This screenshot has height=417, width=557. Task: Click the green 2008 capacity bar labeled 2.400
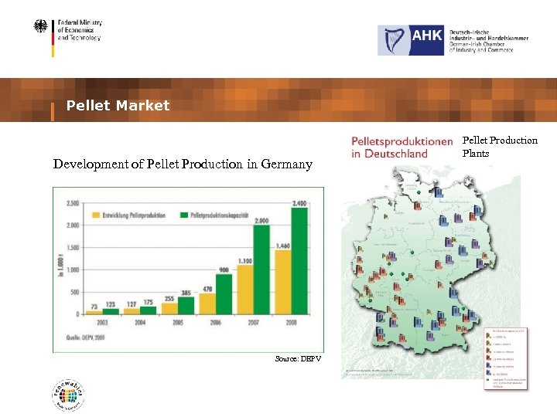(299, 261)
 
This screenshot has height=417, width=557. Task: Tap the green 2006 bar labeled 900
(224, 293)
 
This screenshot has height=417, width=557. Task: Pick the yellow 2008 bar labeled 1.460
(282, 282)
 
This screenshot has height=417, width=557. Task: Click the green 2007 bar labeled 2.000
(261, 270)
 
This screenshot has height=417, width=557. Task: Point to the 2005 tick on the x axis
(179, 322)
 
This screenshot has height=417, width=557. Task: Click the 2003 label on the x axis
(103, 322)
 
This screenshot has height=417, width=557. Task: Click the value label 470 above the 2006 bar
(207, 289)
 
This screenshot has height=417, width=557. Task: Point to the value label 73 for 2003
(94, 307)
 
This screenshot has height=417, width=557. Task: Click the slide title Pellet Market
(118, 106)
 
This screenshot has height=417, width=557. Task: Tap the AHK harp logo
(393, 40)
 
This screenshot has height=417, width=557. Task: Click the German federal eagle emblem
(40, 27)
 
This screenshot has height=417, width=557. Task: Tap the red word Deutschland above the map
(389, 153)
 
